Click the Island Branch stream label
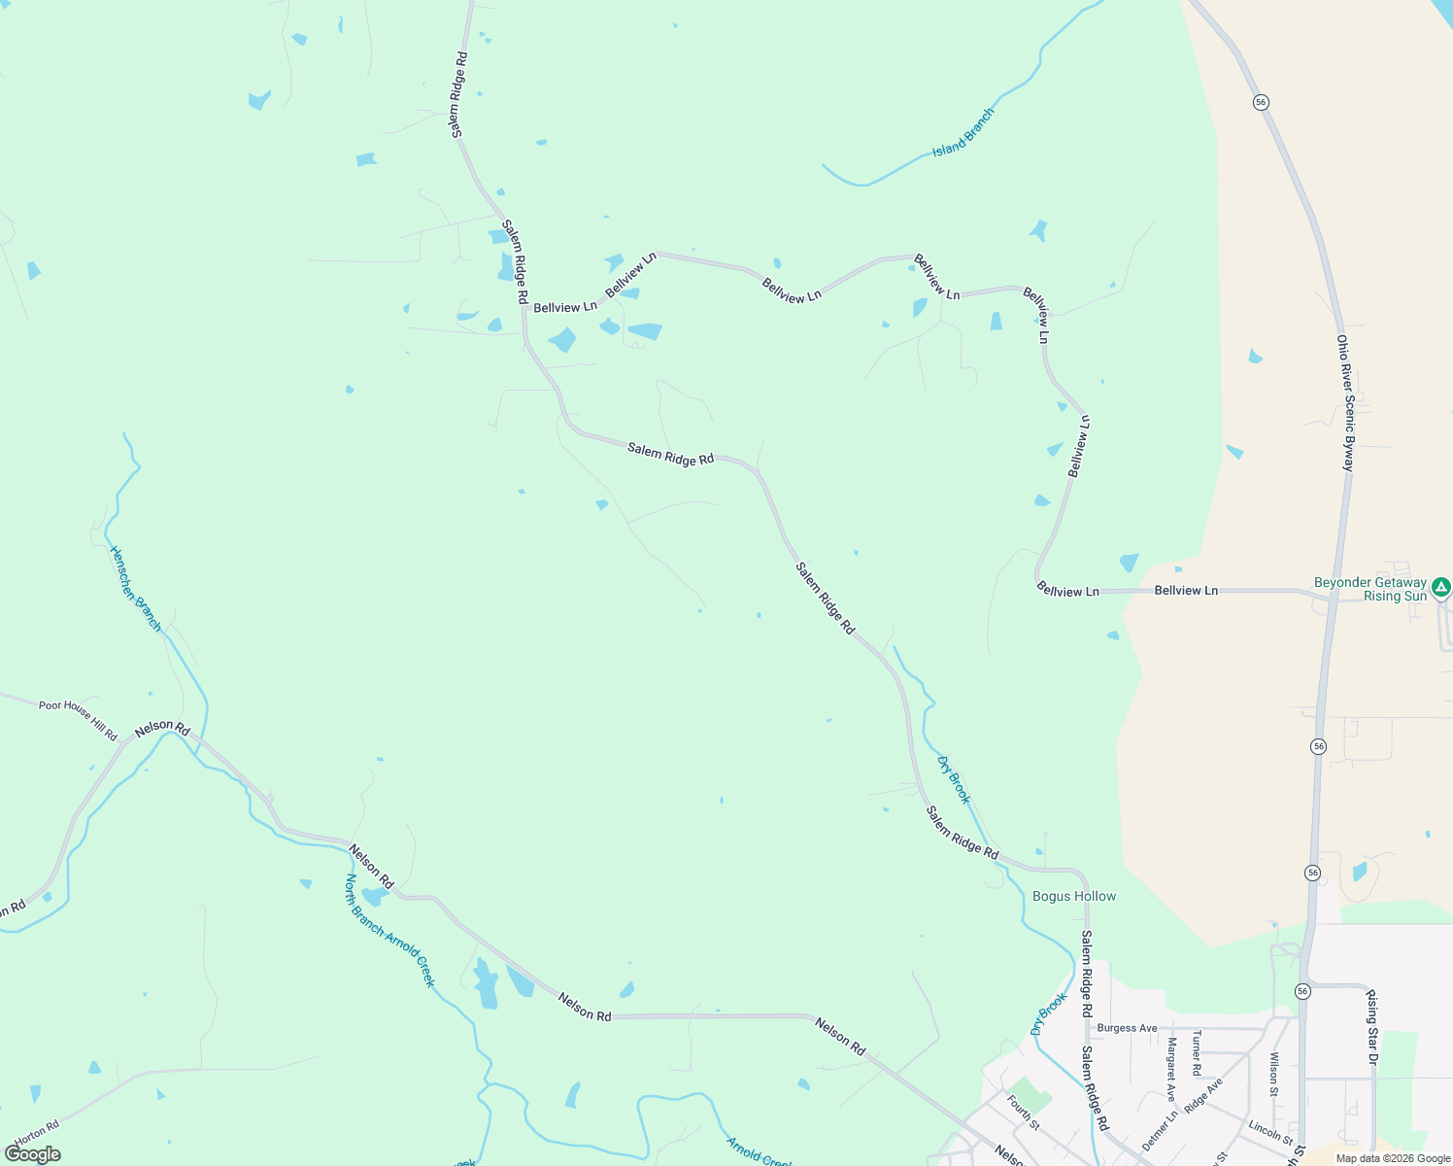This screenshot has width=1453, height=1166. [x=963, y=133]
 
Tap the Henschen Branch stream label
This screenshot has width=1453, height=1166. [x=135, y=589]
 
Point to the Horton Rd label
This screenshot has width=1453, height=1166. [x=37, y=1134]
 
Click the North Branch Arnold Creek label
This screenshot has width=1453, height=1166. [x=389, y=931]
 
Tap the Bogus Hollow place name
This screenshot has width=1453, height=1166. [x=1074, y=897]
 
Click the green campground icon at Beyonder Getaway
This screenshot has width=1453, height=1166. [x=1441, y=587]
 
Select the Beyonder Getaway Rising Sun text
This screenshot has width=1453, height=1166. [x=1370, y=590]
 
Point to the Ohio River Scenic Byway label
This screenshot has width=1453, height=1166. [x=1344, y=403]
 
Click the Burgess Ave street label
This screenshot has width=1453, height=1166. [x=1127, y=1028]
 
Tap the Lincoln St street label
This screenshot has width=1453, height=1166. [x=1270, y=1133]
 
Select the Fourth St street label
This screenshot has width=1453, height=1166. [x=1024, y=1114]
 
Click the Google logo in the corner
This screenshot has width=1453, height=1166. [x=33, y=1154]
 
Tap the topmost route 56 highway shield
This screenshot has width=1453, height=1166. [x=1261, y=102]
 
